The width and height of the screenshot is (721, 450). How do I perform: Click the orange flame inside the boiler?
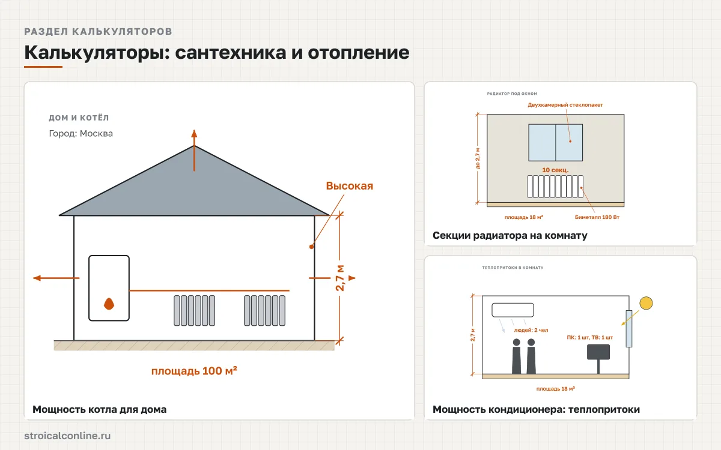tap(109, 304)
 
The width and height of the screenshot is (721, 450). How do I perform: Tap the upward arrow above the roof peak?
tap(194, 151)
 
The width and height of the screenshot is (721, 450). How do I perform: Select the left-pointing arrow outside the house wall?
tap(56, 278)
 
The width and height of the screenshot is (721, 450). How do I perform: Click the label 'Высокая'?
tap(350, 186)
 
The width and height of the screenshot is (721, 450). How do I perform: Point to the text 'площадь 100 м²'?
tap(194, 371)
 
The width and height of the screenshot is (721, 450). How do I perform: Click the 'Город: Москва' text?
tap(81, 133)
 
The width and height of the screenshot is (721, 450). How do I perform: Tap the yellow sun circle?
tap(646, 303)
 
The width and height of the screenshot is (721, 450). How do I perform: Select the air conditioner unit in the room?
tap(513, 310)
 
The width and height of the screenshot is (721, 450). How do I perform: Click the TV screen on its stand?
tap(598, 352)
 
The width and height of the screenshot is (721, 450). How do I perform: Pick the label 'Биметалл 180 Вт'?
tap(597, 217)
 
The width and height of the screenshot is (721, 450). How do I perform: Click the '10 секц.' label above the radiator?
tap(555, 170)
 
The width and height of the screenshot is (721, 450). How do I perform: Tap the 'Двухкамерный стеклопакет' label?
tap(565, 105)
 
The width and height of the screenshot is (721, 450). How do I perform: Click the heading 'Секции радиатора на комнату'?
tap(510, 236)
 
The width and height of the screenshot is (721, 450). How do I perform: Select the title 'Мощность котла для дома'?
tap(100, 409)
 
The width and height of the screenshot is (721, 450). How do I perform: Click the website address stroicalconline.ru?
tap(67, 436)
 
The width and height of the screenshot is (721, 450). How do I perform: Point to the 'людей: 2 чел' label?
tap(531, 330)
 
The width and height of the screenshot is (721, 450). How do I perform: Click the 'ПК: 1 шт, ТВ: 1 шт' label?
tap(589, 337)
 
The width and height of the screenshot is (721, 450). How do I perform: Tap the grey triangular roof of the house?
tap(194, 190)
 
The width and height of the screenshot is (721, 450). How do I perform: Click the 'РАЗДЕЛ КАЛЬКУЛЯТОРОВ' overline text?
tap(98, 31)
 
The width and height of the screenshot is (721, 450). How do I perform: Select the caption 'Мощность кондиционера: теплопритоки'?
tap(536, 409)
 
